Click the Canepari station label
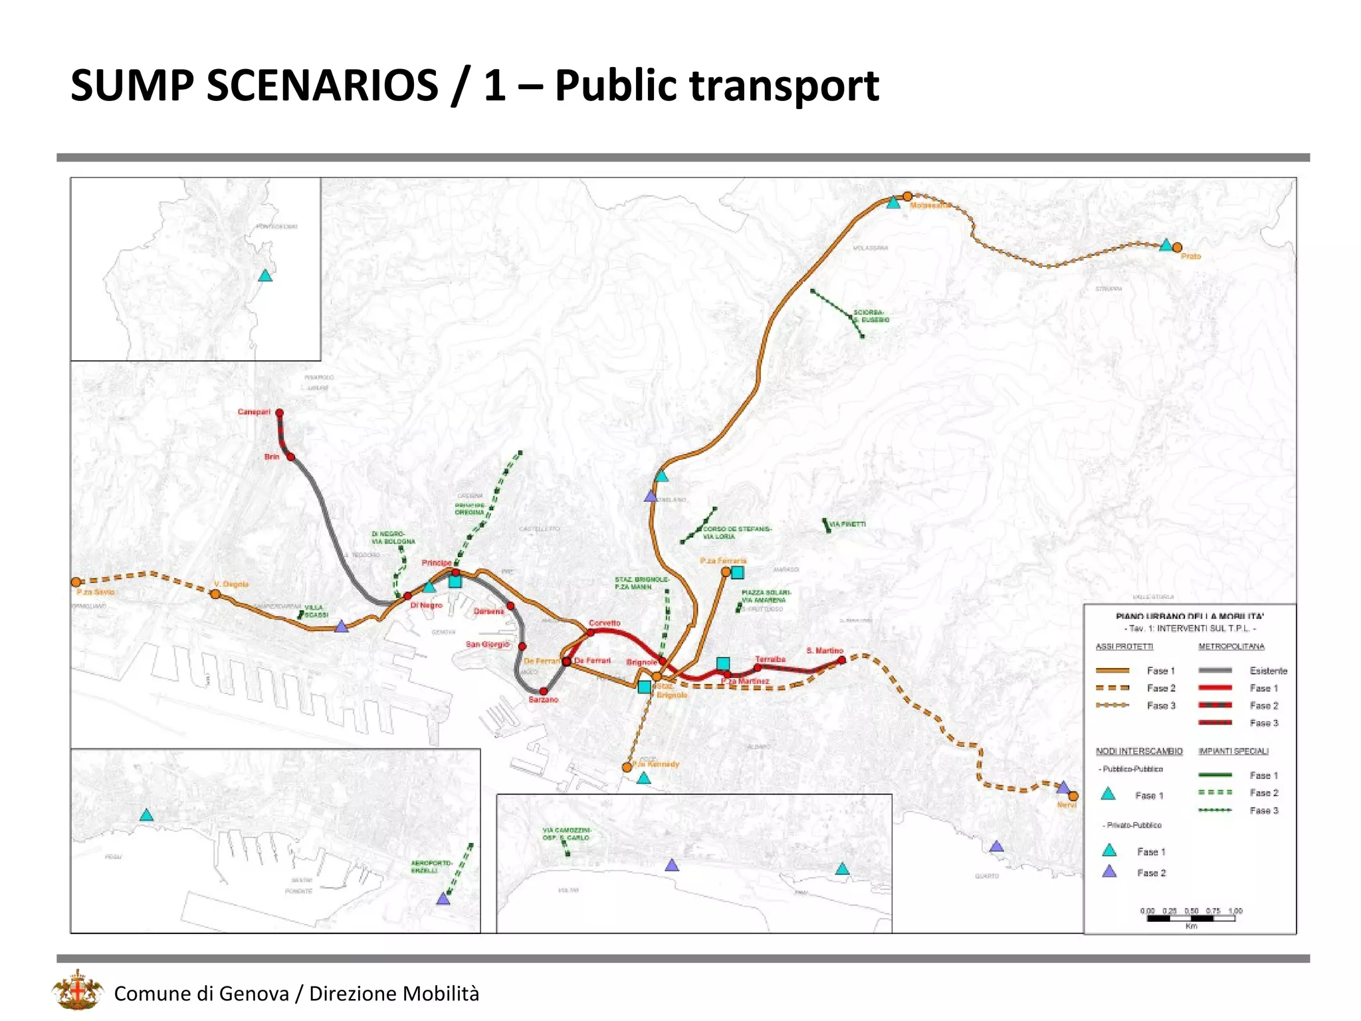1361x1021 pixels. tap(254, 412)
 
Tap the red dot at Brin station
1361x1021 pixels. tap(290, 457)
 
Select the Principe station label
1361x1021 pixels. tap(436, 563)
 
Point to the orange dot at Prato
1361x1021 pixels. tap(1177, 247)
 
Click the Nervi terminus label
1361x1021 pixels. tap(1066, 805)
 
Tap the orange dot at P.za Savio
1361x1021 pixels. tap(76, 582)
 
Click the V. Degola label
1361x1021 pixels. tap(231, 584)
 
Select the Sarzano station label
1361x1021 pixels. tap(543, 699)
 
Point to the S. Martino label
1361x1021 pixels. tap(824, 651)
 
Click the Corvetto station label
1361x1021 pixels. tap(604, 623)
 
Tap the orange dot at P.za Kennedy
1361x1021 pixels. tap(627, 767)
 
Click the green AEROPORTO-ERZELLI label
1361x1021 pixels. tap(431, 867)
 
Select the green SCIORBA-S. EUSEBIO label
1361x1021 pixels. tap(871, 316)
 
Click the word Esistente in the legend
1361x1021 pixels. tap(1268, 671)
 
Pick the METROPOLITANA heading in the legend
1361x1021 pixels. tap(1231, 646)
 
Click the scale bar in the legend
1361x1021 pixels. tap(1190, 918)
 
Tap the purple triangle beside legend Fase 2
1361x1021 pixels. tap(1109, 871)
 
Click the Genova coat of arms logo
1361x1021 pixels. tap(78, 990)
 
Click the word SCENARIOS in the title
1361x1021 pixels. tap(322, 86)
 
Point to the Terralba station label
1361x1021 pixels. tap(770, 659)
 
